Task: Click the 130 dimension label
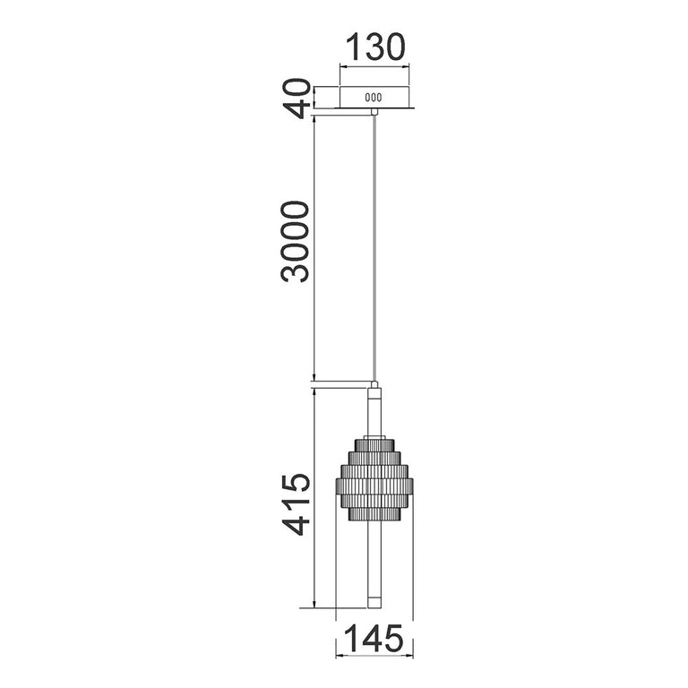(375, 47)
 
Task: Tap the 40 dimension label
(296, 99)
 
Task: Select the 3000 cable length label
(296, 242)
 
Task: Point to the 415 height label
(296, 505)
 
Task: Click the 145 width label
(374, 639)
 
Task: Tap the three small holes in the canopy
(374, 98)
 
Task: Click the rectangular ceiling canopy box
(374, 98)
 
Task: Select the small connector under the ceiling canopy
(374, 111)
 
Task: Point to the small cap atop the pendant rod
(374, 385)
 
